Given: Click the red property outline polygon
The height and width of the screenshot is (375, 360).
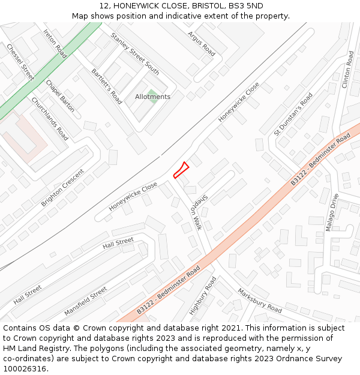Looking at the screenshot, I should click(181, 170).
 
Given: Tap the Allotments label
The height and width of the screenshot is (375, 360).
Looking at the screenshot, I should click(152, 97).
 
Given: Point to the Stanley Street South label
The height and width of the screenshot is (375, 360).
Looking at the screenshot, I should click(135, 53).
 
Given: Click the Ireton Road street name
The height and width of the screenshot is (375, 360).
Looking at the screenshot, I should click(55, 43).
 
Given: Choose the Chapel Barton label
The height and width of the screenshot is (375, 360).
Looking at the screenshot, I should click(60, 96).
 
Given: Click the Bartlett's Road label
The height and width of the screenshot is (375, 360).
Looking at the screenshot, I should click(107, 86).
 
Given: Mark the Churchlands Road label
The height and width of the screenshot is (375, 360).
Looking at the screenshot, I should click(49, 119).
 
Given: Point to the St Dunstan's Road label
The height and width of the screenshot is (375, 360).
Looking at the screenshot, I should click(293, 114).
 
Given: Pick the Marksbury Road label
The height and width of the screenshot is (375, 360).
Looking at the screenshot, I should click(259, 300).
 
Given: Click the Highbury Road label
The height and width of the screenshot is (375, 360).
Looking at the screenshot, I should click(202, 296).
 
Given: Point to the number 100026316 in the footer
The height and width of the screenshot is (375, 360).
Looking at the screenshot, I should click(24, 368).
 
